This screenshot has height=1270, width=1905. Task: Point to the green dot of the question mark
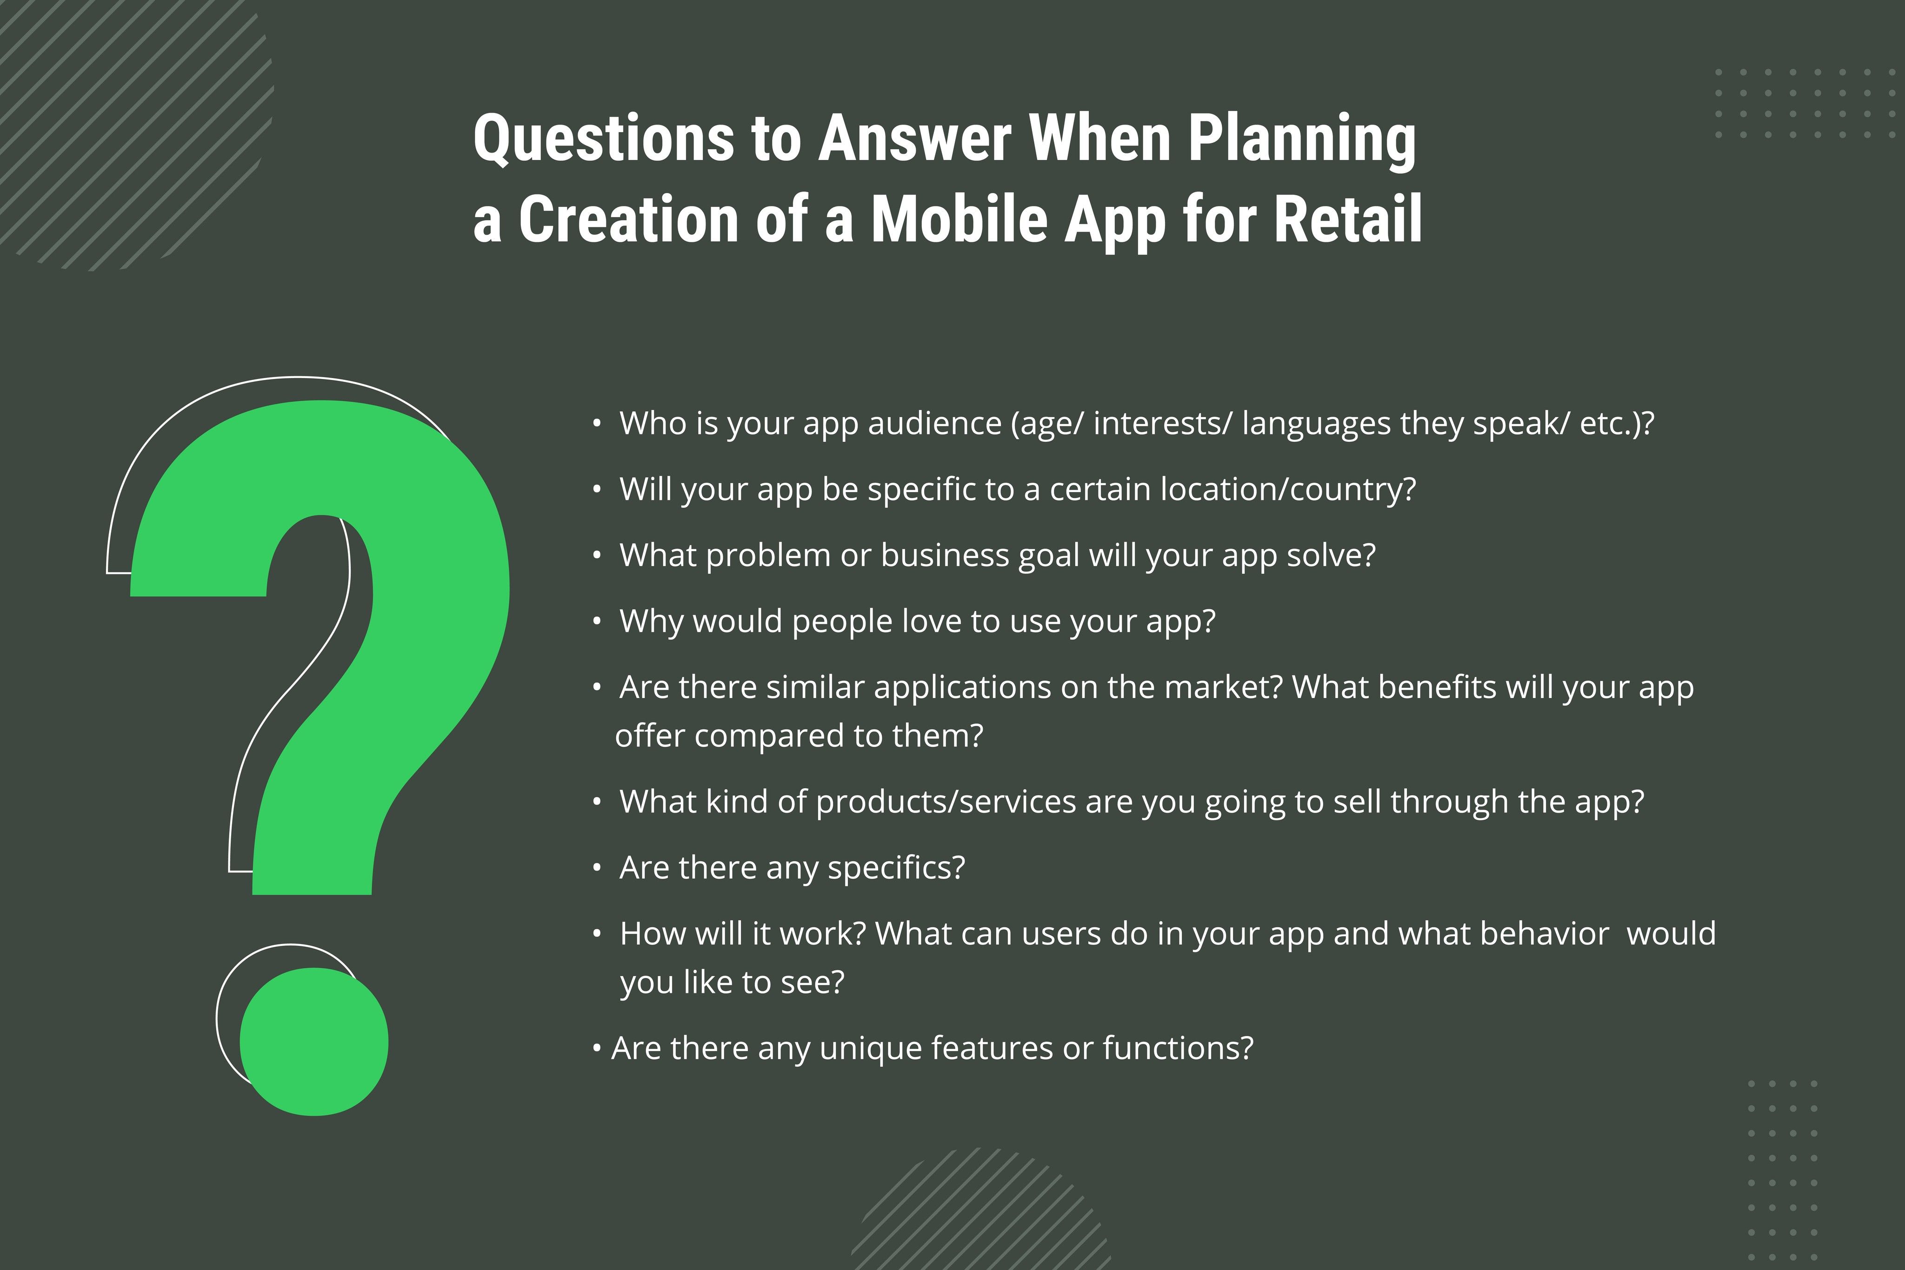[314, 1042]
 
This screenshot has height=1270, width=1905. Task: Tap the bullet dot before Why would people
[597, 621]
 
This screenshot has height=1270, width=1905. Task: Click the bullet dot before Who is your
[597, 424]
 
